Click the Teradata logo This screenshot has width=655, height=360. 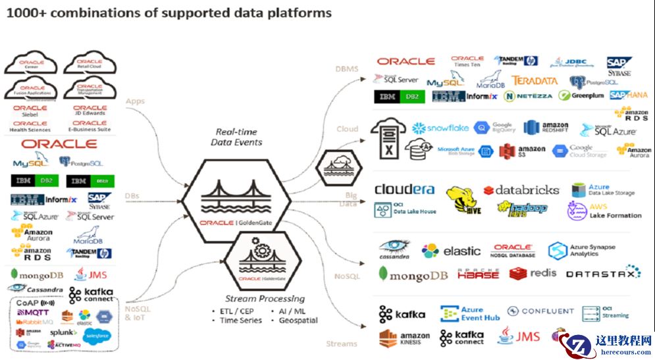click(x=535, y=81)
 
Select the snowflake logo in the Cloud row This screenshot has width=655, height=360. click(x=440, y=128)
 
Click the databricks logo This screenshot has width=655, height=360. click(x=521, y=190)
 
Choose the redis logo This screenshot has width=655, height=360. click(x=533, y=273)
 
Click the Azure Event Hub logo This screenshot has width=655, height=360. click(x=470, y=313)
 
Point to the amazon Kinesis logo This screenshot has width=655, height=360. click(x=404, y=338)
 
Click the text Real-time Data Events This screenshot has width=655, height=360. click(x=236, y=137)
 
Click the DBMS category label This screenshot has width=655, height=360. click(x=346, y=68)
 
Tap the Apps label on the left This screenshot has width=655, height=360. click(x=136, y=101)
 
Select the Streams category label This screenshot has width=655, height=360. click(x=341, y=344)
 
